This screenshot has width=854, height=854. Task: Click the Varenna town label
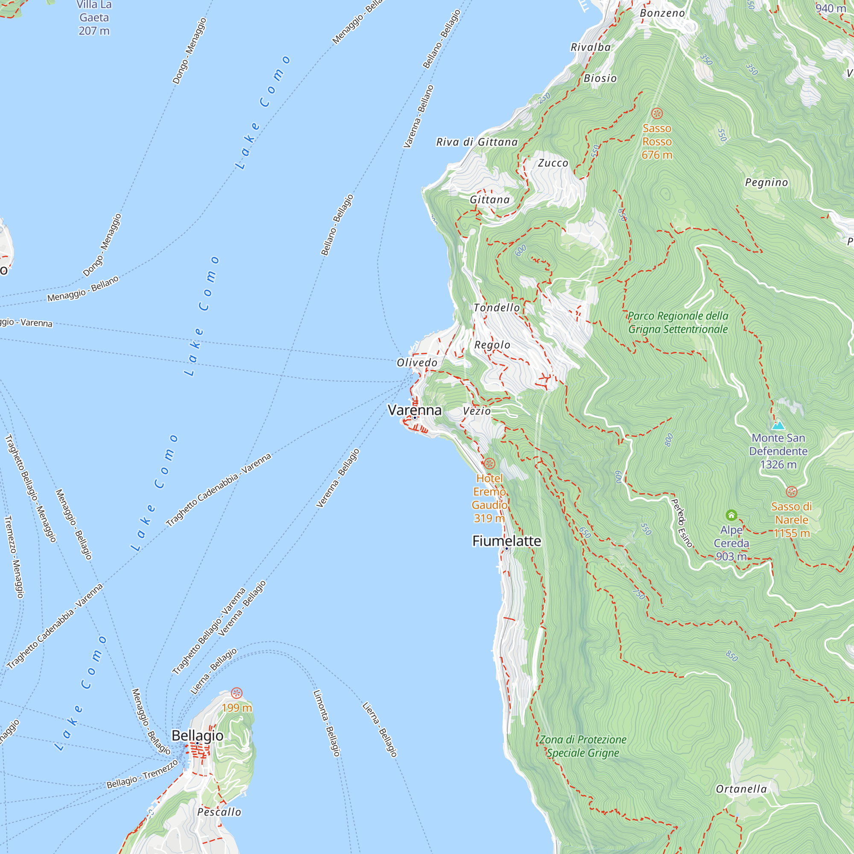414,410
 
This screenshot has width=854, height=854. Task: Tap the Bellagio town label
197,735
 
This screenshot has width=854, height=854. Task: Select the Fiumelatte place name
506,541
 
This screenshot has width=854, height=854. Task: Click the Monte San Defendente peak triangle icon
778,426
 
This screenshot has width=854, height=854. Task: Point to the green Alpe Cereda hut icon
731,515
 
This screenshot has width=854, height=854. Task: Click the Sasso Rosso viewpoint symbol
657,114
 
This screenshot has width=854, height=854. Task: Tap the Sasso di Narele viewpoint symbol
791,491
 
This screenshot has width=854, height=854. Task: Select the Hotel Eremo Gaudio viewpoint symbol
489,464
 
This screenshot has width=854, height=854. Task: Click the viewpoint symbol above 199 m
237,693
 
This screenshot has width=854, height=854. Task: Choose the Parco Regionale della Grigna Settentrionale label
678,322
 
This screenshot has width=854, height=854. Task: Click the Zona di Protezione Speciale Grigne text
582,746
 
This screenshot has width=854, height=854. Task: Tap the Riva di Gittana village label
477,142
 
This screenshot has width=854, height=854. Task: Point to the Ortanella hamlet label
741,789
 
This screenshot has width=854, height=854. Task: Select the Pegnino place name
766,182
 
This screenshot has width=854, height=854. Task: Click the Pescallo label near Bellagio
219,812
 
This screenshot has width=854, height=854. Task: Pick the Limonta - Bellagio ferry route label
327,723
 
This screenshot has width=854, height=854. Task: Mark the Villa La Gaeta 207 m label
94,18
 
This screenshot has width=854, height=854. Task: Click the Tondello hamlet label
497,307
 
